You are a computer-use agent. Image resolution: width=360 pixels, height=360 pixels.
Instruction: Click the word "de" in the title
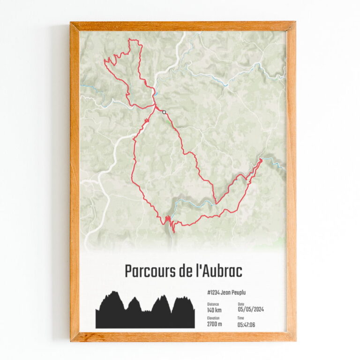(x=181, y=271)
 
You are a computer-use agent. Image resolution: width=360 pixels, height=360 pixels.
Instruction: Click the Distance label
(x=213, y=304)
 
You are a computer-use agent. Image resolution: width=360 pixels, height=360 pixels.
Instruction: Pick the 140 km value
(x=215, y=310)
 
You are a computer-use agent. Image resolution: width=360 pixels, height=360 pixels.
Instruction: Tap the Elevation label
(x=214, y=318)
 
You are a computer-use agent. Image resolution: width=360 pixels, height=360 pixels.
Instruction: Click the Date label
(x=241, y=304)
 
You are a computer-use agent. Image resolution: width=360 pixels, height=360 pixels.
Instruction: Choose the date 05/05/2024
(x=251, y=310)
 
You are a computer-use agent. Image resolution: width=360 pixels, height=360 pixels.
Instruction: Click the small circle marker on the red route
(x=164, y=112)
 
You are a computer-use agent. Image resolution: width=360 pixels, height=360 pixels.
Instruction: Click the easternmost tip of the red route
(x=261, y=160)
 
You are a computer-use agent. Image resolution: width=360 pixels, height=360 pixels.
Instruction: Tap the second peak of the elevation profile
(x=134, y=298)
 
